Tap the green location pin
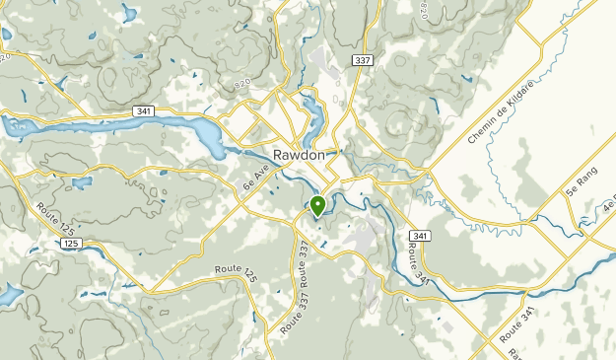pos(318,206)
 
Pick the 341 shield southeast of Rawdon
pos(420,237)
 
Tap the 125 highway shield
pos(69,242)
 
